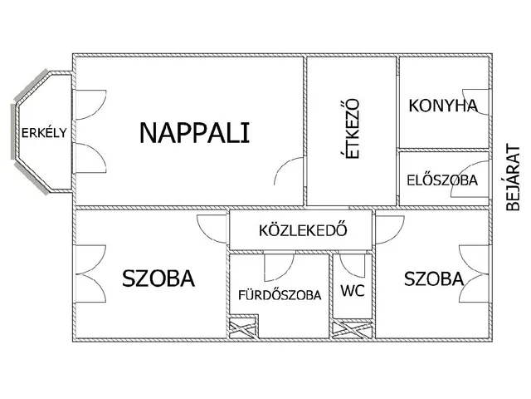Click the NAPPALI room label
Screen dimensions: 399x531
[x=194, y=132]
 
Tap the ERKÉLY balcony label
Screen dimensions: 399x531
[x=38, y=133]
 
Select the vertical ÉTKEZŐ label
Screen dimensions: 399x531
[x=352, y=131]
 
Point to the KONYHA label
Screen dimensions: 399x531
[x=443, y=106]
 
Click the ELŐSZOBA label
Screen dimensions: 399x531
[x=441, y=180]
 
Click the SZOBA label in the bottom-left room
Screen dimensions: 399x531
[x=158, y=278]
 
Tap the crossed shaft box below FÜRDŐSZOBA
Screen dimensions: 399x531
[x=242, y=328]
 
